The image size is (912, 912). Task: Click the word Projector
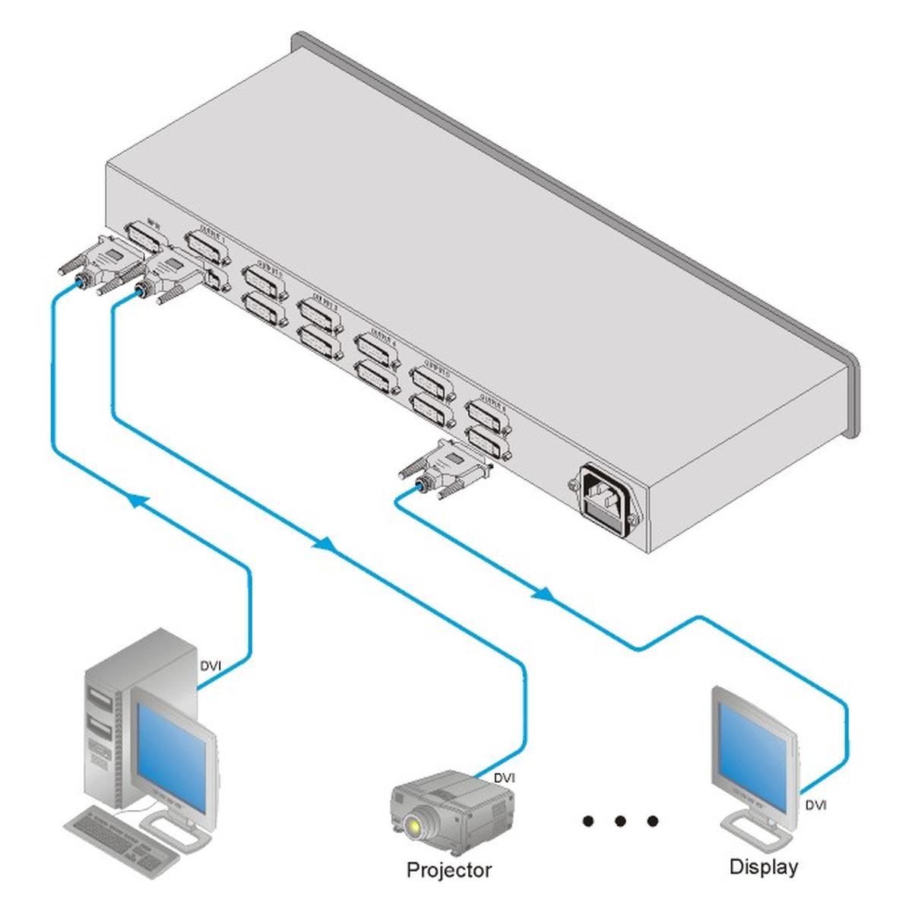pyautogui.click(x=449, y=869)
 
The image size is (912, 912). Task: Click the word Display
pyautogui.click(x=763, y=866)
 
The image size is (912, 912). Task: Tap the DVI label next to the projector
pyautogui.click(x=505, y=777)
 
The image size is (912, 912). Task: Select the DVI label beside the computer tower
pyautogui.click(x=211, y=666)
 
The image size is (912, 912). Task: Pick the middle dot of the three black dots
pyautogui.click(x=620, y=821)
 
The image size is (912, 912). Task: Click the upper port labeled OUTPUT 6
pyautogui.click(x=487, y=415)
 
